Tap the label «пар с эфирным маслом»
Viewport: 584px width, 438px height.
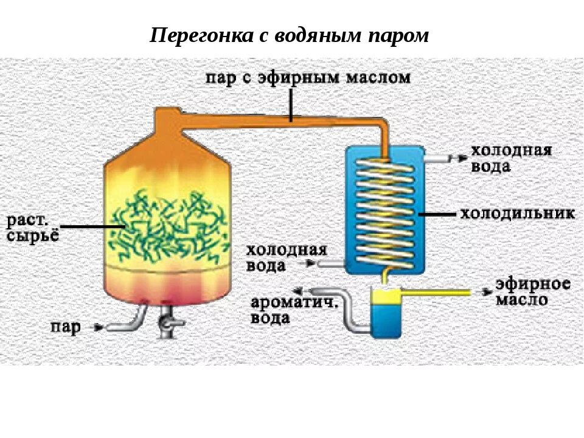tap(307, 77)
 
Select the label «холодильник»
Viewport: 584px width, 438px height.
tap(517, 214)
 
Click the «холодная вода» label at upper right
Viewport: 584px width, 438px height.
tap(511, 158)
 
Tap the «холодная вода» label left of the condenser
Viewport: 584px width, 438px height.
tap(287, 258)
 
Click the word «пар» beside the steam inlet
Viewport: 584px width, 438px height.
tap(65, 328)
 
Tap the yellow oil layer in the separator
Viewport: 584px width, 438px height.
tap(385, 296)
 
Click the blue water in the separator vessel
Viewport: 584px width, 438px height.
tap(385, 319)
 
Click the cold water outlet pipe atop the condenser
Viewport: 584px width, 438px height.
tap(437, 159)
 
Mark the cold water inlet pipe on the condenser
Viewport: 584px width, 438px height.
tap(332, 263)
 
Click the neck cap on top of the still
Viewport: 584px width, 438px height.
tap(168, 117)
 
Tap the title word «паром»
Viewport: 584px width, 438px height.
tap(398, 35)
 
